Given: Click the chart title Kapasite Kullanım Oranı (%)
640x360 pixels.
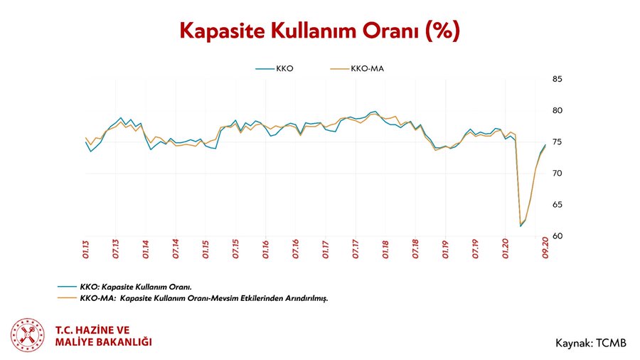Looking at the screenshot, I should click(x=319, y=31).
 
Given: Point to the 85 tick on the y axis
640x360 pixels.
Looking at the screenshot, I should click(x=558, y=79).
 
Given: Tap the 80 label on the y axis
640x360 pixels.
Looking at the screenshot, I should click(x=558, y=110).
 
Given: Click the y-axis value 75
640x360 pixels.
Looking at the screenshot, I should click(x=558, y=142).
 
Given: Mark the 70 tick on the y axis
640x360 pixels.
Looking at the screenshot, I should click(x=558, y=174).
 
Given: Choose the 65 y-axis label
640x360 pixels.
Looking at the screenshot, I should click(x=558, y=205).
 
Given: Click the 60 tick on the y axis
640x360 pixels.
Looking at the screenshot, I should click(x=558, y=236).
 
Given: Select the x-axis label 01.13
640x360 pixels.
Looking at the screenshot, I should click(x=85, y=253).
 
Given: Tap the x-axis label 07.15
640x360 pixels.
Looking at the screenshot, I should click(x=235, y=253).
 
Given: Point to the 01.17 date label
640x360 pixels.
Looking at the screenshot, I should click(x=325, y=253).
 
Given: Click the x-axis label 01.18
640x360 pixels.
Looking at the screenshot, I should click(x=385, y=253).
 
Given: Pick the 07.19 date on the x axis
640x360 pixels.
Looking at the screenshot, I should click(x=474, y=253).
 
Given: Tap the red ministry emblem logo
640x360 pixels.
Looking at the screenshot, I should click(x=28, y=336).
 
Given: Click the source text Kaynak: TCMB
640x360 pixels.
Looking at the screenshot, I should click(x=590, y=344).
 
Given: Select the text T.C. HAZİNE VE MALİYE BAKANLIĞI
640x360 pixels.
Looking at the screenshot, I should click(x=103, y=336).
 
